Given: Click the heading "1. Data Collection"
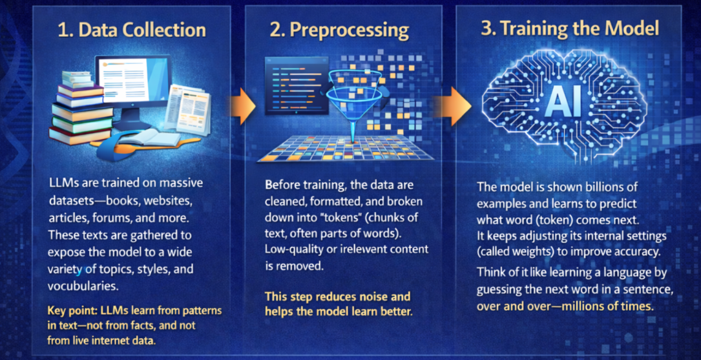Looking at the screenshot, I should [x=132, y=30].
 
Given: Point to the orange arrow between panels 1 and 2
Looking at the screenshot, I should [x=243, y=107].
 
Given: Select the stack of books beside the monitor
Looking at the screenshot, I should [x=76, y=107].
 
